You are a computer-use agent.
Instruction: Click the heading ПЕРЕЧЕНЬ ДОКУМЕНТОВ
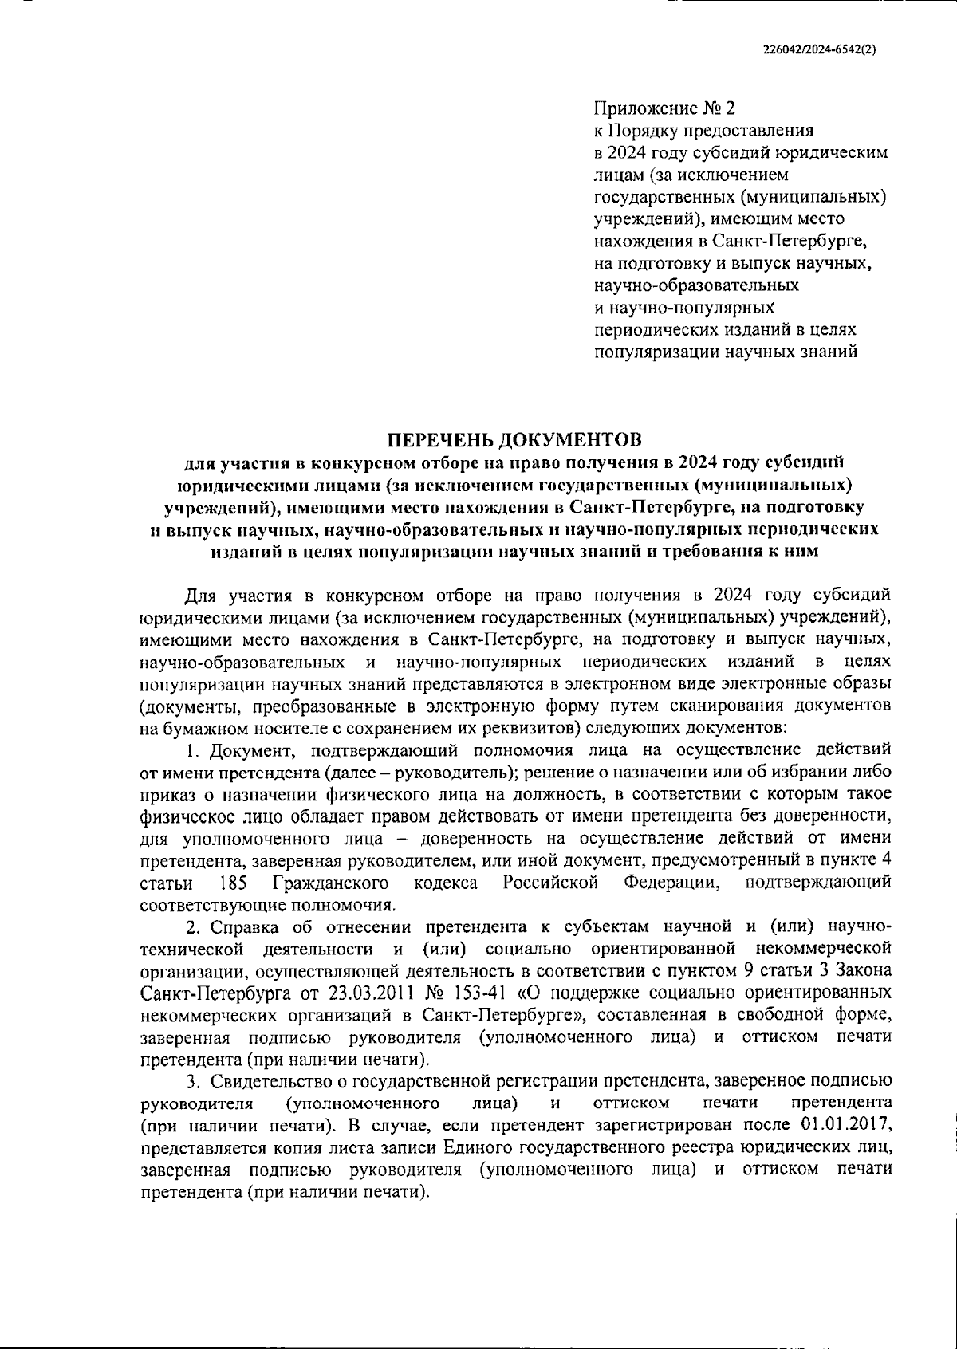514,439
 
